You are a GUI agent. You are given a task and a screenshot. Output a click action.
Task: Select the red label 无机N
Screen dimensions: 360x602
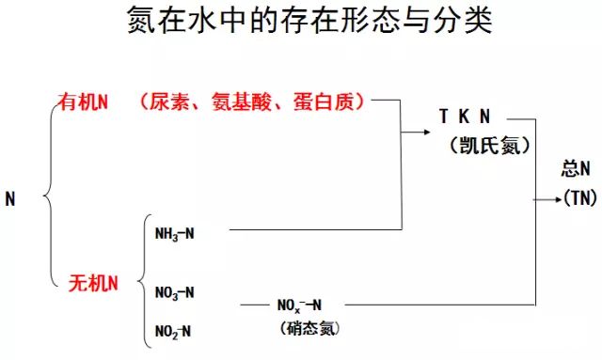93,282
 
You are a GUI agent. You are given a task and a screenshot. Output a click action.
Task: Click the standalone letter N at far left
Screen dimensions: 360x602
10,199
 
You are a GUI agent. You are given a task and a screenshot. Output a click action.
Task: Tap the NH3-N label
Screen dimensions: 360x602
175,233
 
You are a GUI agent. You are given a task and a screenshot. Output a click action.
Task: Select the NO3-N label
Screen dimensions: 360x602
175,291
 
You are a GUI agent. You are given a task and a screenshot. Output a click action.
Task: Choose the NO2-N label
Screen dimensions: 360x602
174,330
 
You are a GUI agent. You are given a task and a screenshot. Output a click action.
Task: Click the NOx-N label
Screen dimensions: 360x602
299,305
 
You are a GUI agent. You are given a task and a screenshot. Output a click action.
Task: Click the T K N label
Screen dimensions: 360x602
465,117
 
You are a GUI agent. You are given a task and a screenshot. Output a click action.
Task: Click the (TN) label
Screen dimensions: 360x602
576,196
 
